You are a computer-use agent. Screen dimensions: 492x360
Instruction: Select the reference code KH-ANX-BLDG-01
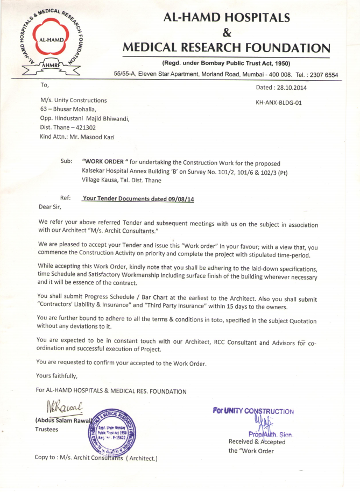click(279, 102)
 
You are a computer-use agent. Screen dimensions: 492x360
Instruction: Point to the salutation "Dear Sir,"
click(50, 206)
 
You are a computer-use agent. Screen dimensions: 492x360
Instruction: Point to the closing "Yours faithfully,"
click(57, 375)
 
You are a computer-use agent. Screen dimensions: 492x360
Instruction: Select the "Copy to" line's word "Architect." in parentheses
click(142, 458)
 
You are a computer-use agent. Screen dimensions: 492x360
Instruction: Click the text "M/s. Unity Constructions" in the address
click(74, 100)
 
